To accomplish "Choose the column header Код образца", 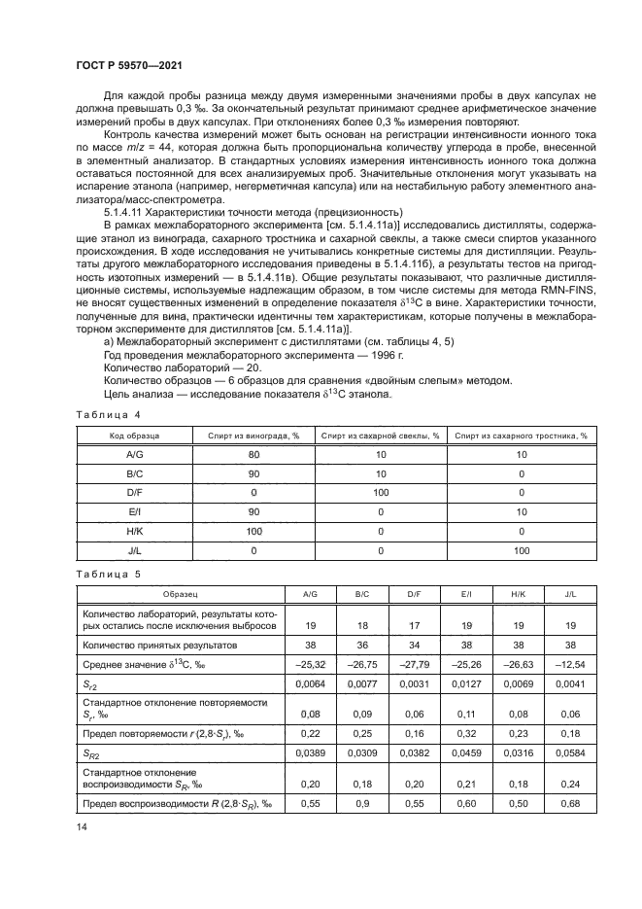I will click(x=134, y=437).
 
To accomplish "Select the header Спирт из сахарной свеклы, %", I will click(x=381, y=437).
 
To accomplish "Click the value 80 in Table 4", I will click(x=254, y=454).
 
